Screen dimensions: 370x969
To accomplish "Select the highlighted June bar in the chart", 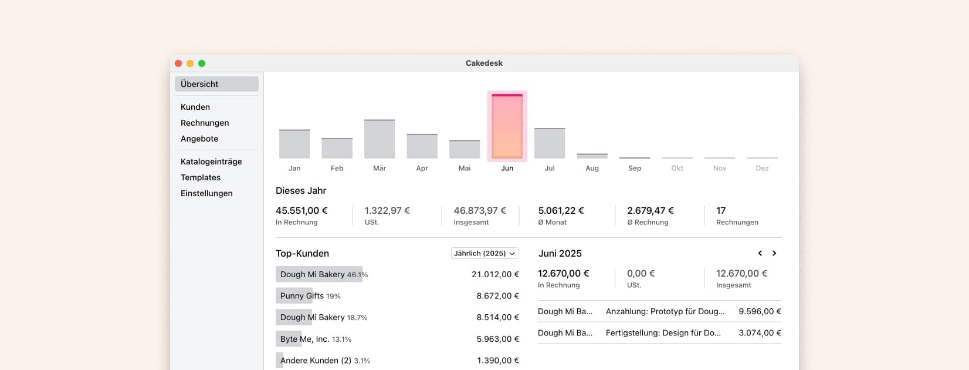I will click(x=507, y=126).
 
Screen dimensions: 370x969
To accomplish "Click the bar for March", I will click(x=380, y=139).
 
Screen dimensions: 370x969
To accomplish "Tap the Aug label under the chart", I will click(x=592, y=168).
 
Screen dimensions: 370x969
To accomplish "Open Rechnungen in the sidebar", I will click(x=205, y=123).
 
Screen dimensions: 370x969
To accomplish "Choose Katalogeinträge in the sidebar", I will click(x=211, y=162).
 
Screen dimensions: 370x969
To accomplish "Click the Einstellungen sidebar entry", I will click(x=206, y=193).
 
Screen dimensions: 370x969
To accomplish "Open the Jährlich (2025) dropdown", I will click(x=484, y=253).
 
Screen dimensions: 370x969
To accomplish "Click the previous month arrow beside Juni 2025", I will click(x=760, y=253).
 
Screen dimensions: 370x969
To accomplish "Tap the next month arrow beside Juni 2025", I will click(x=774, y=253).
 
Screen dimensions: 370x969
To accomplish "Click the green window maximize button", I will click(x=202, y=63).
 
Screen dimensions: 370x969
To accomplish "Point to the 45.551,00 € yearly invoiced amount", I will click(x=301, y=210).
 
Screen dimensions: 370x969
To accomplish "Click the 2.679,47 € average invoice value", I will click(x=650, y=210).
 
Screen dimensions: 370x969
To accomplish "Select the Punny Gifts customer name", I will click(x=301, y=296).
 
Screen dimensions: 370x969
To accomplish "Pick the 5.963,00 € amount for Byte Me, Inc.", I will click(x=497, y=339).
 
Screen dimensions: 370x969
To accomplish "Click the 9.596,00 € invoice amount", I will click(x=760, y=311).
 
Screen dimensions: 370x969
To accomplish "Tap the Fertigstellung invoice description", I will click(x=663, y=333).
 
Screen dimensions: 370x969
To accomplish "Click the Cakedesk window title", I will click(x=484, y=63).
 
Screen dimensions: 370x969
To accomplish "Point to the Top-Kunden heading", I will click(x=302, y=254).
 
